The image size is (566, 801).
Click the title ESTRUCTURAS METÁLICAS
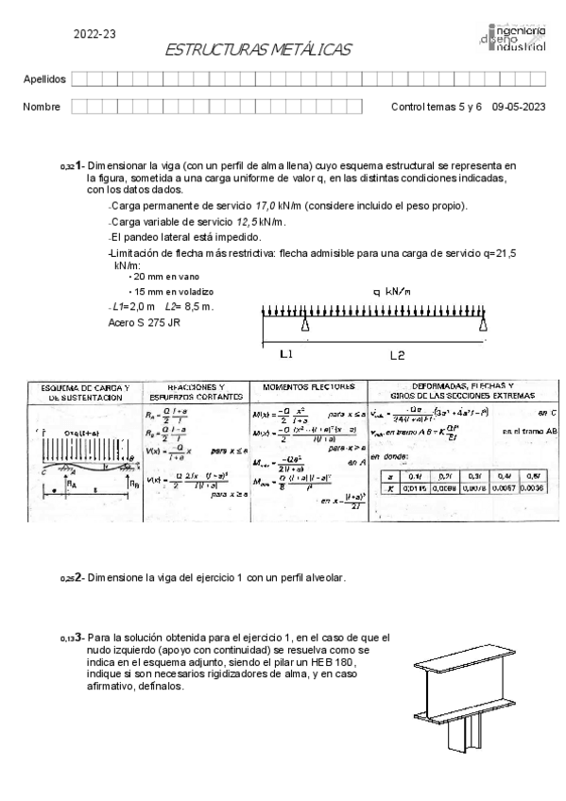(x=257, y=49)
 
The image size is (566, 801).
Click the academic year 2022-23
(x=94, y=34)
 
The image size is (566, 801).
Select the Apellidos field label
(x=43, y=79)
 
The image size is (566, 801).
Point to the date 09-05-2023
(x=519, y=107)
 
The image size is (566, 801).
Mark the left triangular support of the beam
(x=306, y=325)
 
